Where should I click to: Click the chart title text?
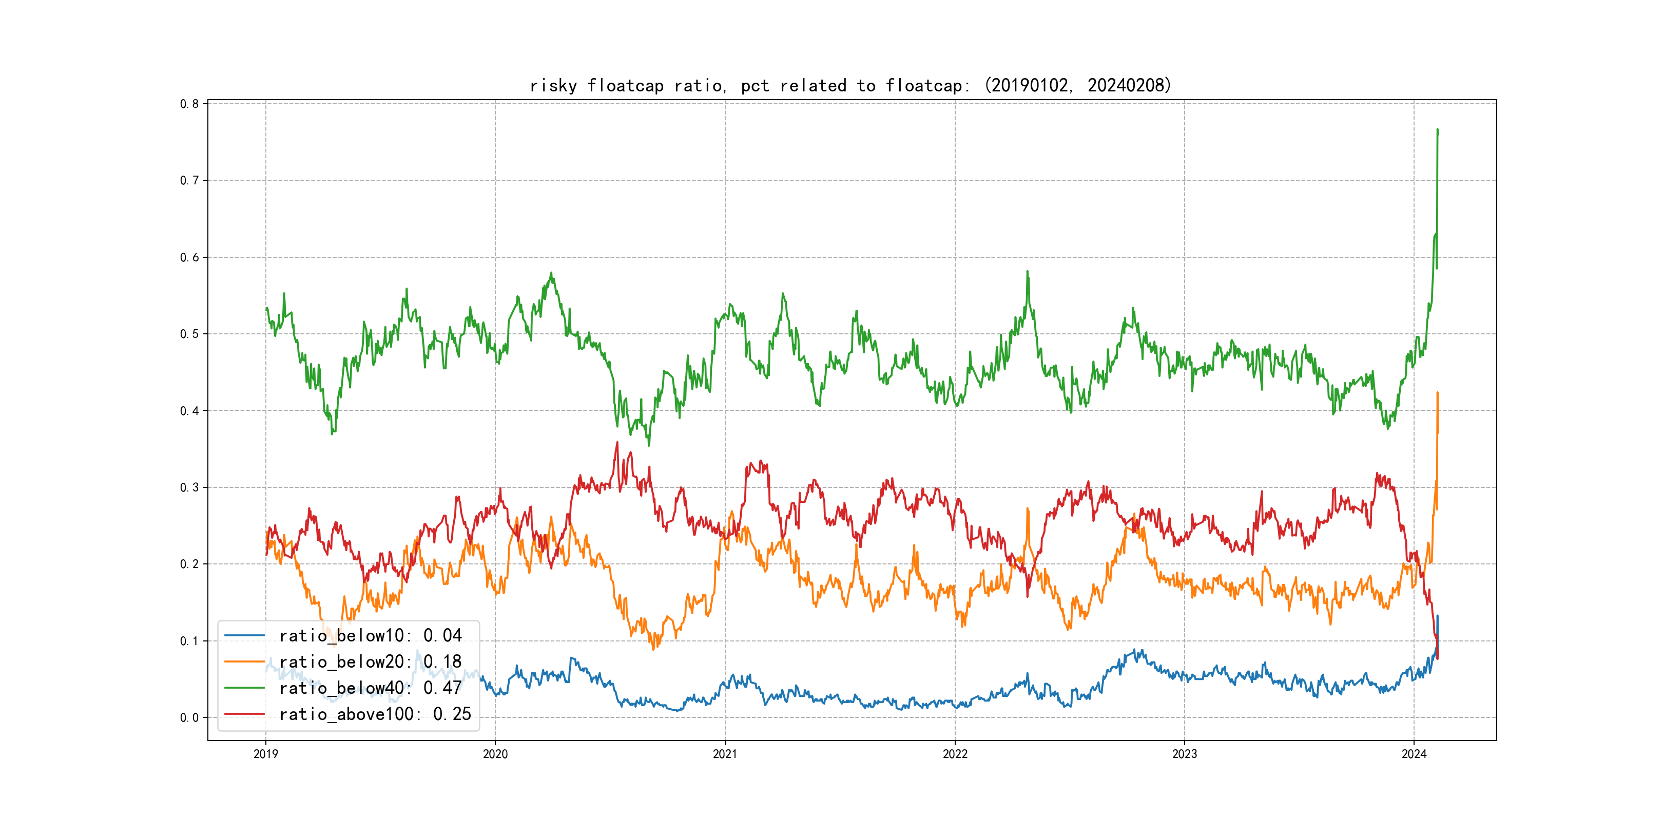(x=850, y=85)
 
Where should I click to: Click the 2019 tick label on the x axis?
(x=265, y=754)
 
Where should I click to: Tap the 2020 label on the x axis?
(x=495, y=754)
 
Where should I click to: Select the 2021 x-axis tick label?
(x=725, y=754)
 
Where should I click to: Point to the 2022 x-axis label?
(x=955, y=754)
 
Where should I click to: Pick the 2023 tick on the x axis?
(x=1184, y=754)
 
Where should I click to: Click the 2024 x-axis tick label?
(x=1414, y=754)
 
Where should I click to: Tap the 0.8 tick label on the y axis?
(x=189, y=104)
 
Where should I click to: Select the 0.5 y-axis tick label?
(x=189, y=334)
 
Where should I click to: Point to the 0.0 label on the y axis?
(x=189, y=717)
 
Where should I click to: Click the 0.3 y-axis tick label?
(x=189, y=488)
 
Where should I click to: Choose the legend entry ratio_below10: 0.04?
(x=370, y=636)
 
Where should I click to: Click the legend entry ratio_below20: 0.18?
(x=370, y=662)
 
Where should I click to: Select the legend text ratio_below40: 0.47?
(x=370, y=688)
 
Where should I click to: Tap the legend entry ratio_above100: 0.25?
(x=375, y=714)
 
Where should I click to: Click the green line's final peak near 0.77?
(x=1437, y=130)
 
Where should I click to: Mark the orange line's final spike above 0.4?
(x=1437, y=393)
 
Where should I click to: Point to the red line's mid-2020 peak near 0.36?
(x=617, y=443)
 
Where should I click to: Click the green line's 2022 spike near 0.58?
(x=1027, y=272)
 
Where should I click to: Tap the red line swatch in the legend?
(x=244, y=714)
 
